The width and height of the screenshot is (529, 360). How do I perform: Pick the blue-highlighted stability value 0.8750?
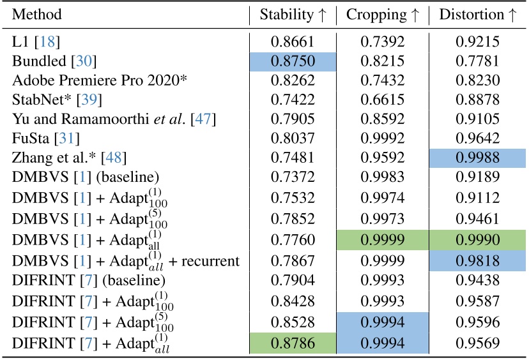click(x=293, y=61)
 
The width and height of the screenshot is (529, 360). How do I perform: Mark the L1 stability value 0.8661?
click(x=293, y=43)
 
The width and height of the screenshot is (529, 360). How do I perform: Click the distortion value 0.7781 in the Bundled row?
click(x=477, y=61)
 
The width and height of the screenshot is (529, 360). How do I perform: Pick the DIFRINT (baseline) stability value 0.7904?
click(x=293, y=280)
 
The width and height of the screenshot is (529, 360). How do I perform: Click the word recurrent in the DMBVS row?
click(x=212, y=260)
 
